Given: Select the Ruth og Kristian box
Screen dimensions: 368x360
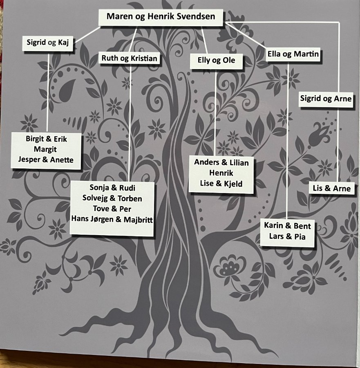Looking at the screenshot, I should pyautogui.click(x=129, y=58).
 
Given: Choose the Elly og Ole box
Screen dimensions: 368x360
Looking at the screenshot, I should pyautogui.click(x=216, y=61).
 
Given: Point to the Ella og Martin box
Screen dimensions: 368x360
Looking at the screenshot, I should pyautogui.click(x=293, y=54).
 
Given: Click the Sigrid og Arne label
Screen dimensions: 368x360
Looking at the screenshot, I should pyautogui.click(x=325, y=99).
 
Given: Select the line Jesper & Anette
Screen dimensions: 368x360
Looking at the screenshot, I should pyautogui.click(x=46, y=159).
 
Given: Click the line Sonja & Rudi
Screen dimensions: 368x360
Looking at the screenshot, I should pyautogui.click(x=112, y=188).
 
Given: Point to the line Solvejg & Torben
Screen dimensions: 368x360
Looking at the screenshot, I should pyautogui.click(x=112, y=199).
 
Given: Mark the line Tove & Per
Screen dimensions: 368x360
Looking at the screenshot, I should pyautogui.click(x=112, y=209).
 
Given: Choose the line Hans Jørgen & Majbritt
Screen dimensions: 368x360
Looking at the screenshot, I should pyautogui.click(x=112, y=220).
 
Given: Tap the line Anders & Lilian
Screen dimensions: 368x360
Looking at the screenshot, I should pyautogui.click(x=221, y=163).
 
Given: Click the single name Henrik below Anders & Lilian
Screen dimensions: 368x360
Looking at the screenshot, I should pyautogui.click(x=221, y=173).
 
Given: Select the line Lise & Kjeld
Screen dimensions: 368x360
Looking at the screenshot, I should pyautogui.click(x=221, y=184).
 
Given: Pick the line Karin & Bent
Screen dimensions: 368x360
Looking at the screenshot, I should pyautogui.click(x=287, y=226).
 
